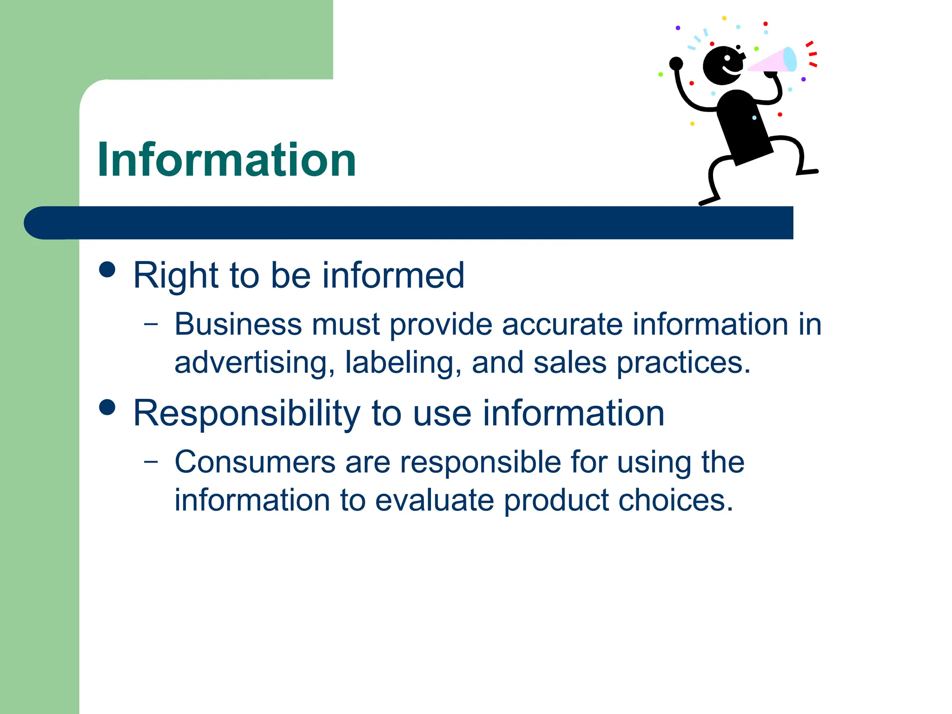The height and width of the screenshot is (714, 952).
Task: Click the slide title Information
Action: (x=226, y=160)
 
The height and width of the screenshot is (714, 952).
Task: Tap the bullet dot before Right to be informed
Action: (x=107, y=269)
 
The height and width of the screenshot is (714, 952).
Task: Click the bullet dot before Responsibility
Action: (x=107, y=407)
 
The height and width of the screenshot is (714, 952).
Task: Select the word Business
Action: (x=238, y=324)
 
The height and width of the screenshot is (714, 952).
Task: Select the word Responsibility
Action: (x=246, y=413)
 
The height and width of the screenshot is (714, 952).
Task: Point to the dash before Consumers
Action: (x=151, y=462)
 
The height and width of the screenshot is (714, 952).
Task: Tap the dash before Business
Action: (x=151, y=324)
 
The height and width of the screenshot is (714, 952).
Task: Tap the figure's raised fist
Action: (x=676, y=63)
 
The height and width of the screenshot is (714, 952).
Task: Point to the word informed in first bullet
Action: (x=393, y=275)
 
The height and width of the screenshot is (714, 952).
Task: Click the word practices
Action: (x=683, y=363)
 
